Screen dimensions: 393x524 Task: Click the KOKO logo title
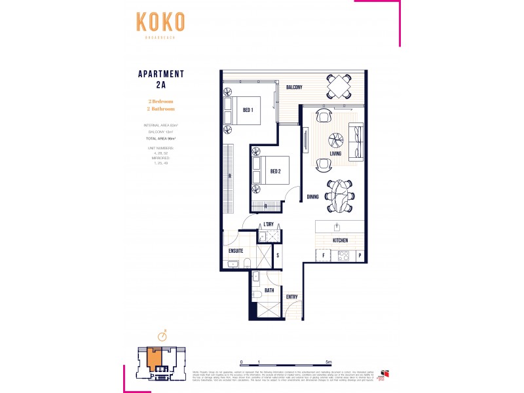(160, 22)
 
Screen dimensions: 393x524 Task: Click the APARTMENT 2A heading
(160, 79)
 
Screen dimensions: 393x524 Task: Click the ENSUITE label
(236, 251)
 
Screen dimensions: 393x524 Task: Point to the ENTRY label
(293, 297)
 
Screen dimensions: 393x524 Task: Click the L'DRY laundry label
(267, 225)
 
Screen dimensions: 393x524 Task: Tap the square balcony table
(339, 85)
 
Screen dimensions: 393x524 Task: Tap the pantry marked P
(360, 255)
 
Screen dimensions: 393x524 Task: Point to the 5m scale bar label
(329, 362)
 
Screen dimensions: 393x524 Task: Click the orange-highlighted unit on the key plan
(155, 358)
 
